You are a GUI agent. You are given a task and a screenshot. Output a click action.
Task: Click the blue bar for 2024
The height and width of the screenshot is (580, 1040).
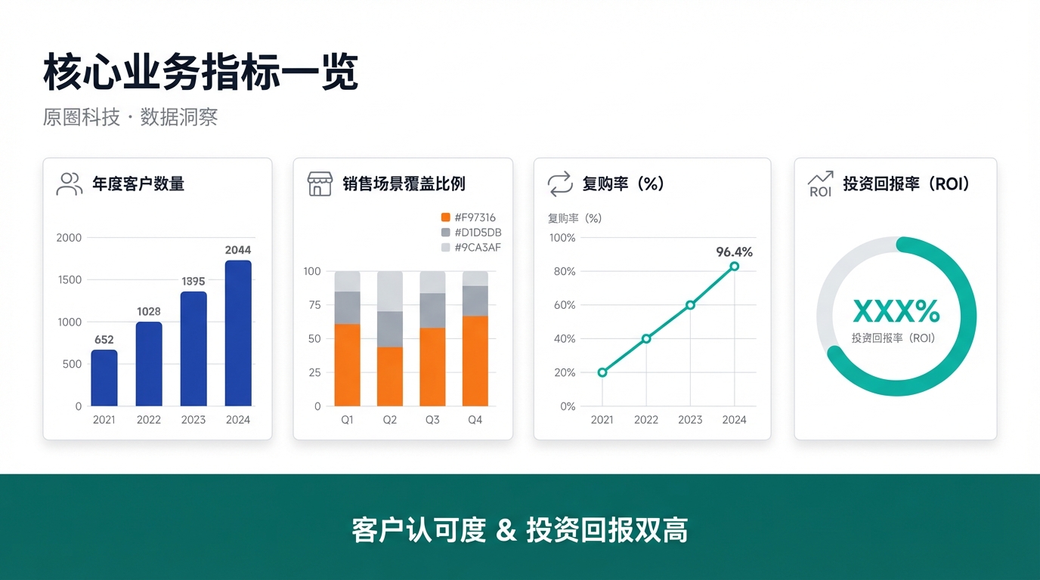click(238, 333)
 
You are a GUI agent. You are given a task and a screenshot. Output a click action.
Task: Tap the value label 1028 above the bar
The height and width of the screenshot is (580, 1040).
click(149, 311)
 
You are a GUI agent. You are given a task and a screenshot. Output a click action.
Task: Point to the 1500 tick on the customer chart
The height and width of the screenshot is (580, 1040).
click(69, 279)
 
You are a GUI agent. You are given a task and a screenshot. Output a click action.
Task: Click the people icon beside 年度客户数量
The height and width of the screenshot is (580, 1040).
click(70, 184)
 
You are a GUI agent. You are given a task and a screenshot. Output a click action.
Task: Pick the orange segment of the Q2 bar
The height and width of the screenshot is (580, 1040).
click(390, 376)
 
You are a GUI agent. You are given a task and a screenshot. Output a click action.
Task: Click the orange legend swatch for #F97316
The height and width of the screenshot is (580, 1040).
click(445, 217)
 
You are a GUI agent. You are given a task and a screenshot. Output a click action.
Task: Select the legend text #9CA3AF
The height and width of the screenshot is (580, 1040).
click(477, 247)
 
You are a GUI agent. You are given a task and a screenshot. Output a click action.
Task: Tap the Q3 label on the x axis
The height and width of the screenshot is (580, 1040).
click(432, 420)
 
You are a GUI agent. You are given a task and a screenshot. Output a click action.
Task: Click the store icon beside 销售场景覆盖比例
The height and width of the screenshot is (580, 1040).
click(320, 184)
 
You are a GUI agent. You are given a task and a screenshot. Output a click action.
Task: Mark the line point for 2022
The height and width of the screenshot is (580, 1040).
click(646, 338)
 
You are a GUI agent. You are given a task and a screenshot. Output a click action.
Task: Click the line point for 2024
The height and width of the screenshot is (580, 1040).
click(734, 266)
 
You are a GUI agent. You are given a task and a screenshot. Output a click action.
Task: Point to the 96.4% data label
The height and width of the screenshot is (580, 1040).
click(734, 251)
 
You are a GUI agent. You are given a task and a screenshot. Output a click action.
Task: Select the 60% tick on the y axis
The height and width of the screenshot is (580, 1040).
click(565, 305)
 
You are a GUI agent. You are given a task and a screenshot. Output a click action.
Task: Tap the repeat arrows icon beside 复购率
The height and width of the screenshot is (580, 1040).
click(560, 184)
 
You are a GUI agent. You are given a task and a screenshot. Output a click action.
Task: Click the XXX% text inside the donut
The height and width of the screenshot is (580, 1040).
click(896, 311)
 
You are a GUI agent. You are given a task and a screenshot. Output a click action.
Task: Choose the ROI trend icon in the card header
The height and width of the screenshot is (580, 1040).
click(820, 184)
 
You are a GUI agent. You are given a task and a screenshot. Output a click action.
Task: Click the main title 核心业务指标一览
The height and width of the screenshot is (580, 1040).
click(200, 73)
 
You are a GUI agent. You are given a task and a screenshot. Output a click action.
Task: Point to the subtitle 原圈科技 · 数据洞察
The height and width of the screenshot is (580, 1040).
click(130, 117)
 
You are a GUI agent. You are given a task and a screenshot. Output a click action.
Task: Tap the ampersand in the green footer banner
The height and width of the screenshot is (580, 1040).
click(506, 531)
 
